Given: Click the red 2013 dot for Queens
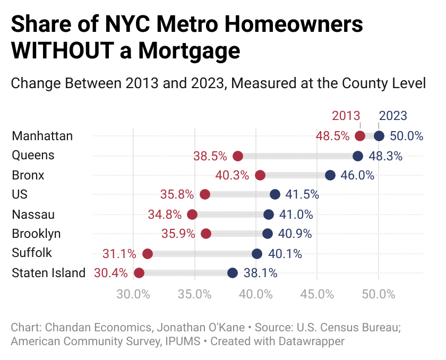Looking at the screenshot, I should [x=238, y=156].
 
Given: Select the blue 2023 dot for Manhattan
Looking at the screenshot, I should [x=379, y=136].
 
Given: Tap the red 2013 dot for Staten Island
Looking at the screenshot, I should [x=139, y=273].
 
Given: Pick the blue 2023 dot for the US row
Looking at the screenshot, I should [x=275, y=194].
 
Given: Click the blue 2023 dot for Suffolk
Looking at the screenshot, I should [x=257, y=253].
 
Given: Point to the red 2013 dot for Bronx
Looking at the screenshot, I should [x=260, y=175].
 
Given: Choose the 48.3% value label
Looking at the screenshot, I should [x=385, y=156].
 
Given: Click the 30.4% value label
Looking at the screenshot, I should [x=111, y=273].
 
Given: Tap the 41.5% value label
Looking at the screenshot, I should [x=302, y=195].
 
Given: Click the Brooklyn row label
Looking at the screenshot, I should [x=36, y=234].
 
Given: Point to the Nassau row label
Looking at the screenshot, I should [x=33, y=214].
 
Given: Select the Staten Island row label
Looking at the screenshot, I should [x=48, y=273].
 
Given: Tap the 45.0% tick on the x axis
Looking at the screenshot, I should [x=317, y=293].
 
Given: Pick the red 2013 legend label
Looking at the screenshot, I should [x=346, y=116].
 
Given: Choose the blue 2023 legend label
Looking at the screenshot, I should [x=392, y=116].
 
